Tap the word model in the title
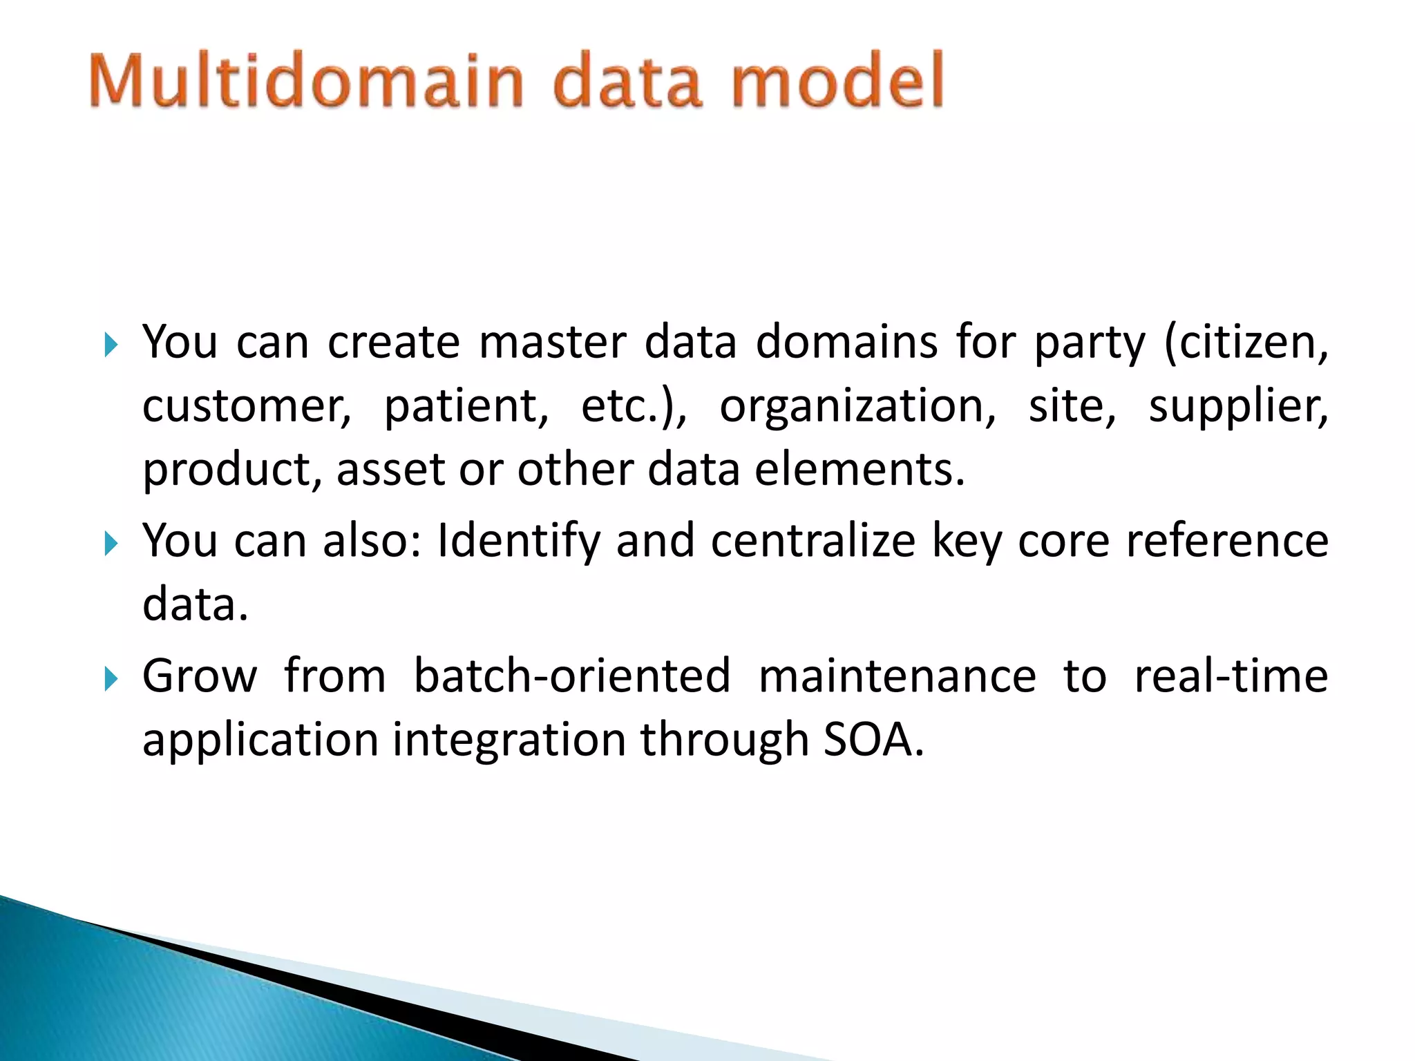tap(837, 81)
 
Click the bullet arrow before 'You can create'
tap(111, 344)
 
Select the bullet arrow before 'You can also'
tap(111, 543)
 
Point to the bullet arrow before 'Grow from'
tap(111, 678)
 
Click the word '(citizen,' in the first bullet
tap(1246, 343)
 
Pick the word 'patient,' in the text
tap(466, 406)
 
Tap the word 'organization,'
tap(857, 406)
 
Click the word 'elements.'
tap(859, 470)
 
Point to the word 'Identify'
tap(518, 542)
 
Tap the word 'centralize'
tap(813, 540)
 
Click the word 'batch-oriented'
tap(572, 676)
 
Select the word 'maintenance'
tap(898, 676)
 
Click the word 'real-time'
tap(1231, 676)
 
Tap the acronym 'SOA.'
tap(873, 740)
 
